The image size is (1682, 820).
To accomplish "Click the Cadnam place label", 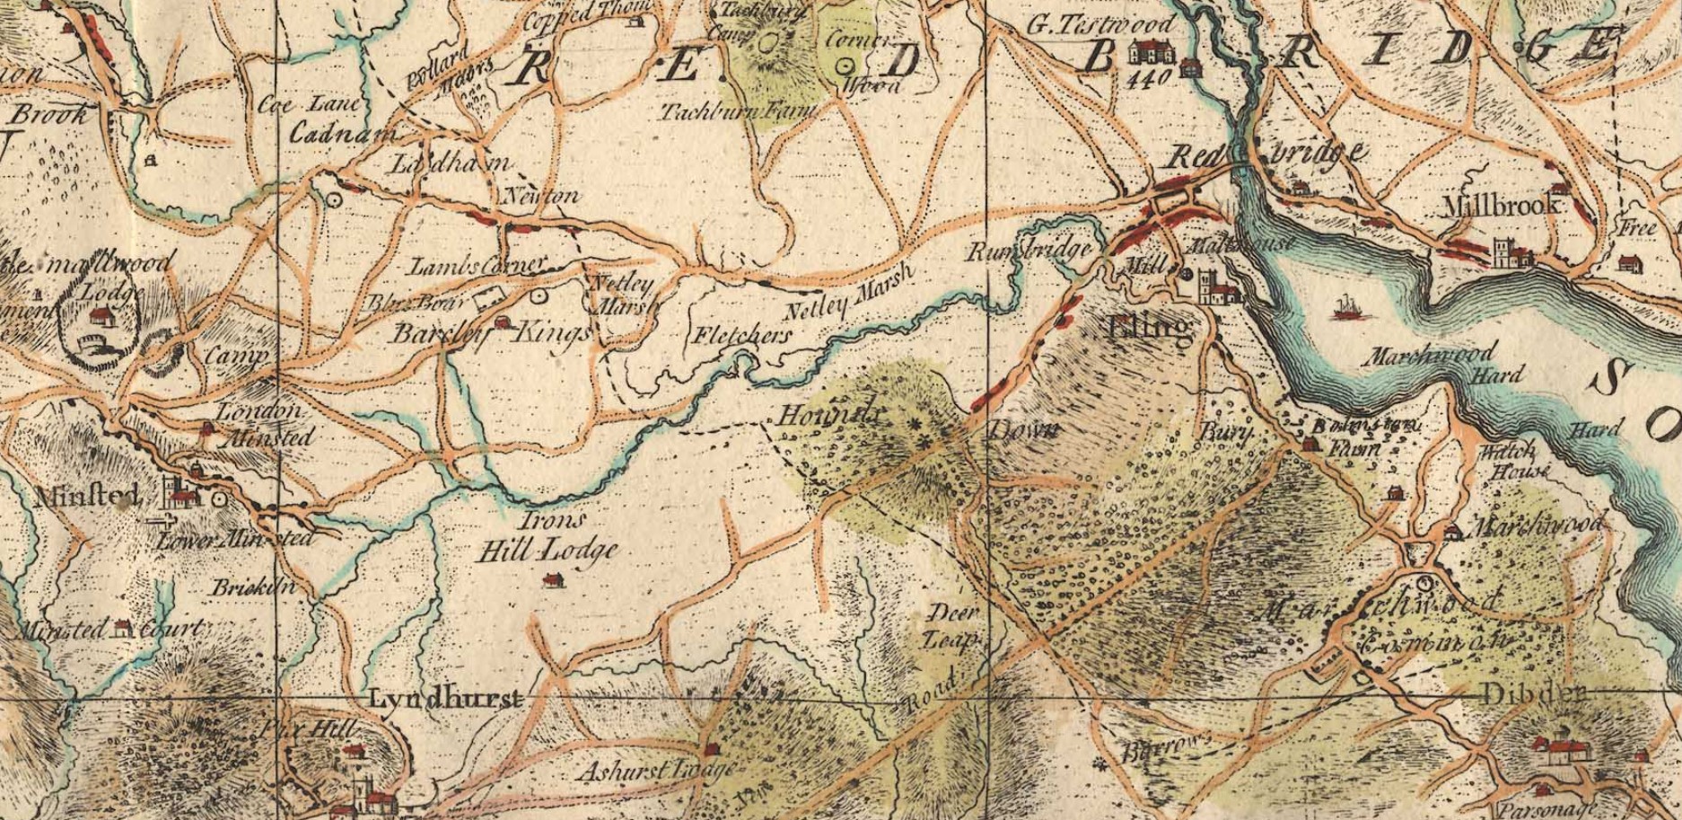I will coord(343,133).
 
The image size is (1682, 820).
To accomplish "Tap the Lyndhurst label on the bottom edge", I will coord(445,699).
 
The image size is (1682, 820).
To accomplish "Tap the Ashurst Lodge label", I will coord(655,771).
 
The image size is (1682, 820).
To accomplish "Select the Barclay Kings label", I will coord(489,333).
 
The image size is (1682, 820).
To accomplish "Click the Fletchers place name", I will coord(742,336).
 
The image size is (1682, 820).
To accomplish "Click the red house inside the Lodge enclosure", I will coord(101,315).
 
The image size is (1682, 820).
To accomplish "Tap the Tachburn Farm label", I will coord(738,112).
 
